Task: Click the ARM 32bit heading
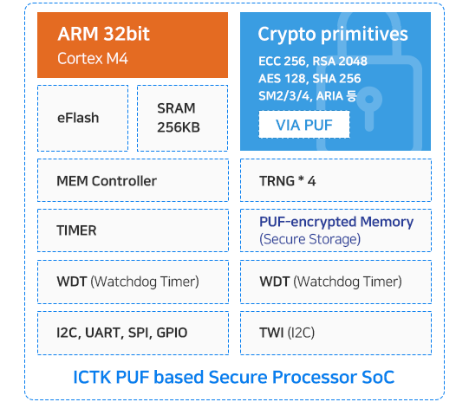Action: pyautogui.click(x=103, y=34)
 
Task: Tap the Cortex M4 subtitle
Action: pyautogui.click(x=93, y=58)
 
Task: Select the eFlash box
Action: pyautogui.click(x=83, y=118)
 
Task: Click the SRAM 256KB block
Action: pyautogui.click(x=182, y=118)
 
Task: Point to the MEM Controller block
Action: pyautogui.click(x=134, y=180)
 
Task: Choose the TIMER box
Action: pyautogui.click(x=134, y=230)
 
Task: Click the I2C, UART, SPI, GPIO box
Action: pyautogui.click(x=134, y=333)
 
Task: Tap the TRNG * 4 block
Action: pyautogui.click(x=335, y=180)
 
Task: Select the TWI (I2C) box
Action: pyautogui.click(x=335, y=333)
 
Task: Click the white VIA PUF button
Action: pyautogui.click(x=304, y=125)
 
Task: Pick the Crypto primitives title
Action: pyautogui.click(x=333, y=34)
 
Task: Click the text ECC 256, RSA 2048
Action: pyautogui.click(x=313, y=62)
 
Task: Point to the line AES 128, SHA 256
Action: pyautogui.click(x=309, y=79)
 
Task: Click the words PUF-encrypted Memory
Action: pyautogui.click(x=336, y=222)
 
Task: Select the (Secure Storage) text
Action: pyautogui.click(x=309, y=239)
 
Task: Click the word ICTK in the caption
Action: pyautogui.click(x=92, y=377)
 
